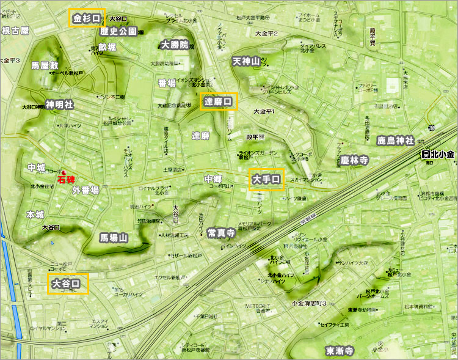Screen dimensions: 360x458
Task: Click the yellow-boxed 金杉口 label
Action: (87, 18)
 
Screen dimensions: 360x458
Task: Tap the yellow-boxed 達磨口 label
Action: (218, 101)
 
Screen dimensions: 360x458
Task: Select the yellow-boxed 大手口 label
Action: (266, 180)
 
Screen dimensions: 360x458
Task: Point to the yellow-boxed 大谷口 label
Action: (67, 284)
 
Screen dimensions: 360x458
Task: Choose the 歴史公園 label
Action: (118, 31)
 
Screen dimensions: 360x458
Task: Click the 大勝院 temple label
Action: (175, 45)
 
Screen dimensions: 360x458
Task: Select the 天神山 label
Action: (246, 61)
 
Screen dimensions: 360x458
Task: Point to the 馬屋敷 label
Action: (45, 64)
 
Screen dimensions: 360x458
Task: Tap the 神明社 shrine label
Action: (59, 105)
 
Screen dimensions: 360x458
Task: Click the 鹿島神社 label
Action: (395, 141)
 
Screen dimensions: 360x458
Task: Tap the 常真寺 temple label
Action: (221, 232)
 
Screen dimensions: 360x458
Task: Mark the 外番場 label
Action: (85, 190)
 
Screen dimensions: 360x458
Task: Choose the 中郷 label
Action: (213, 179)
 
